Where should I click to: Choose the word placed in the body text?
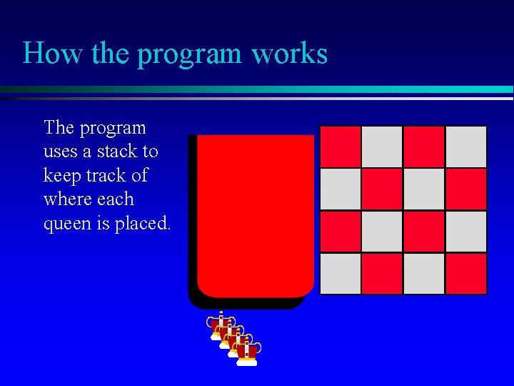point(143,223)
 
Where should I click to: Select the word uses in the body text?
point(60,152)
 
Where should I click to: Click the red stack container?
point(255,214)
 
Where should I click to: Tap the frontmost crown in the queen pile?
point(246,352)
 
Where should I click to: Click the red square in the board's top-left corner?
point(340,147)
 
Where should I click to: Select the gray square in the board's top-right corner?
point(466,147)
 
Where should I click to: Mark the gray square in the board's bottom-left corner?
point(340,274)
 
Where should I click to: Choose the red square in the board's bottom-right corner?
point(466,274)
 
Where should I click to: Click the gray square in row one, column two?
point(382,147)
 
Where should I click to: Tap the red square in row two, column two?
point(382,189)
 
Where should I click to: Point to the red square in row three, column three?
point(424,232)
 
